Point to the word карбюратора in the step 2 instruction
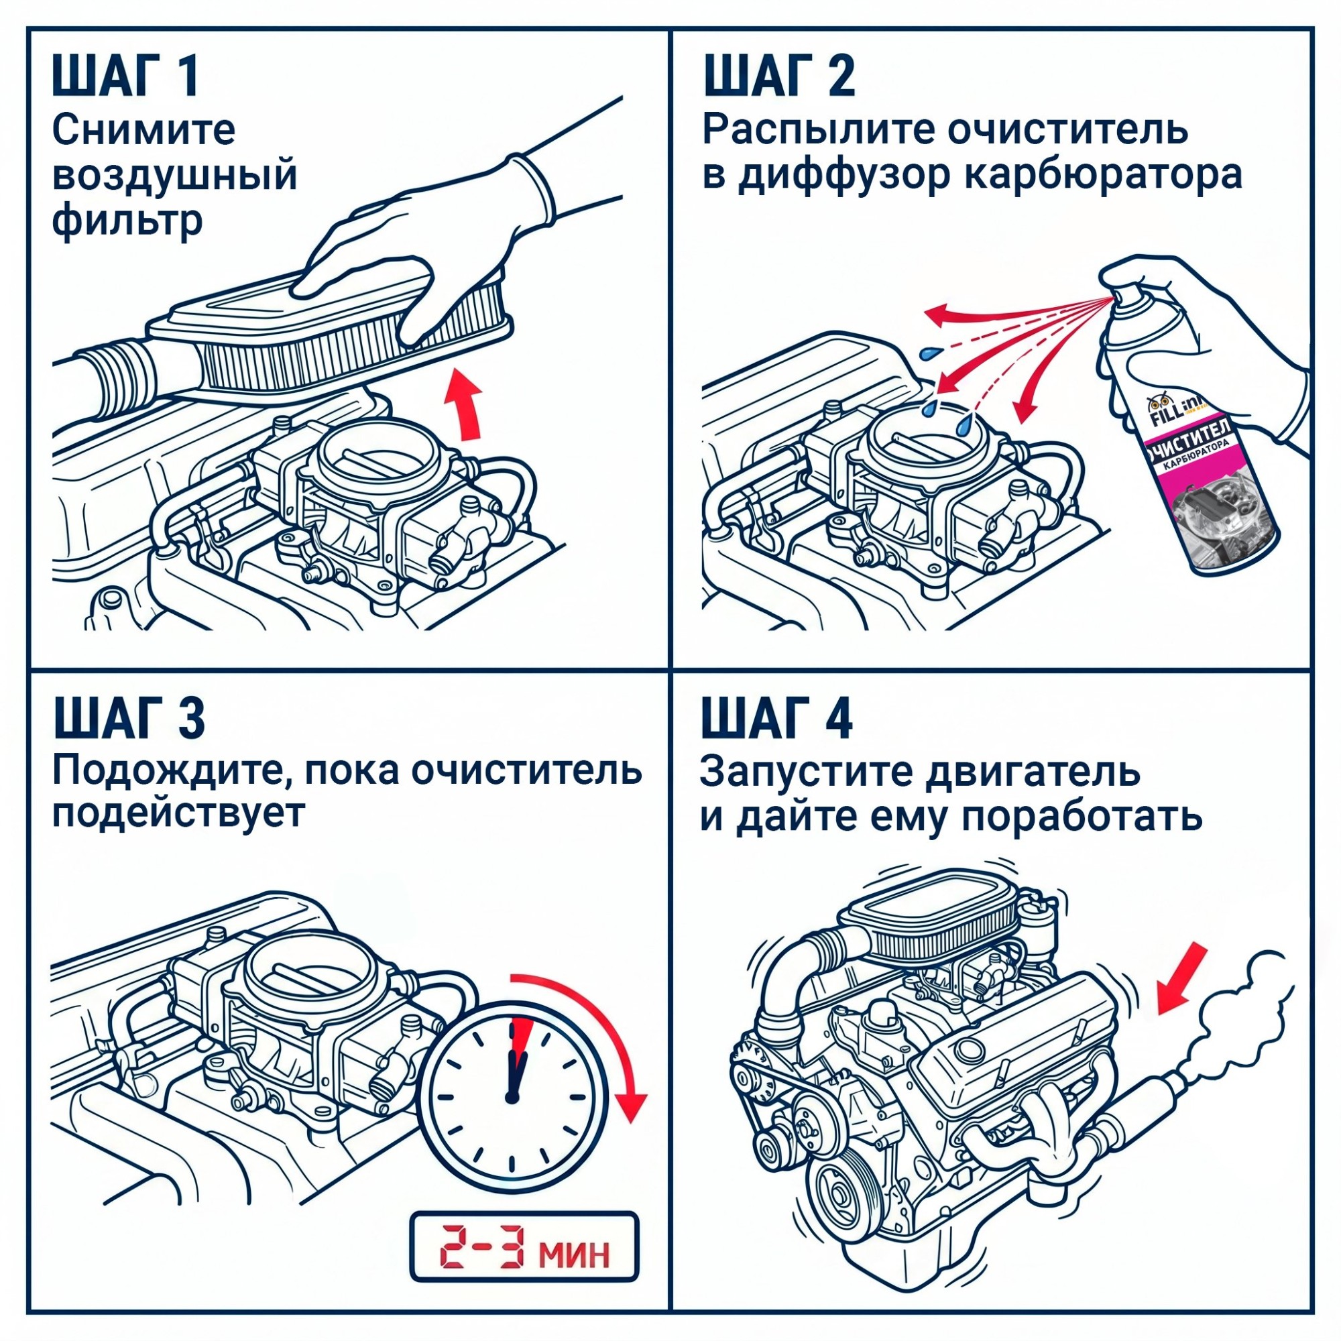point(1103,175)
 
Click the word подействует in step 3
point(178,813)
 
